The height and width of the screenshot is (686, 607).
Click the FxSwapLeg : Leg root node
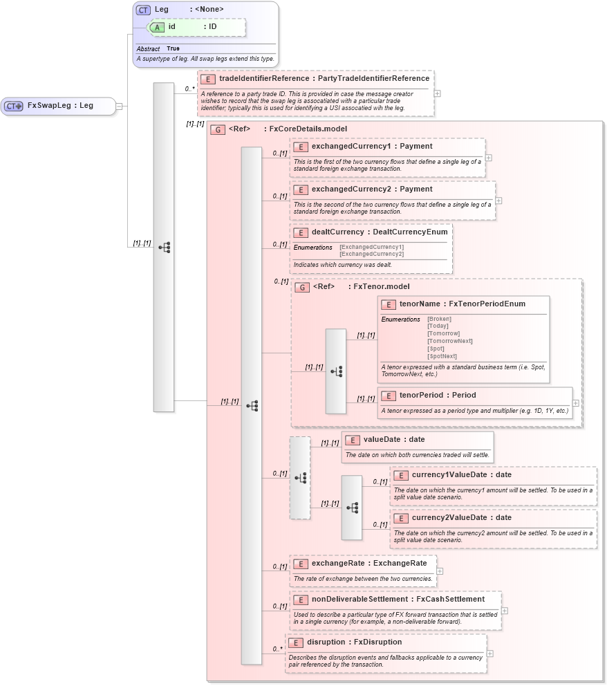(x=59, y=106)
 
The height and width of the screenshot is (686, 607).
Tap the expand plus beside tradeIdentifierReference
(x=437, y=93)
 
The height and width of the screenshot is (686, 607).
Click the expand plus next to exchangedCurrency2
(x=498, y=201)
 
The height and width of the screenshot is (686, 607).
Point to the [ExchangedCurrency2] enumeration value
(x=371, y=254)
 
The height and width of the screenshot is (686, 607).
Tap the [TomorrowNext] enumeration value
(x=449, y=341)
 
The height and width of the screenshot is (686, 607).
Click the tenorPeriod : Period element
(x=437, y=396)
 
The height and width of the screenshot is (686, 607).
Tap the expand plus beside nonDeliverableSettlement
(x=505, y=611)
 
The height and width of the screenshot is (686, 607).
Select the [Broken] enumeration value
(x=439, y=319)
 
